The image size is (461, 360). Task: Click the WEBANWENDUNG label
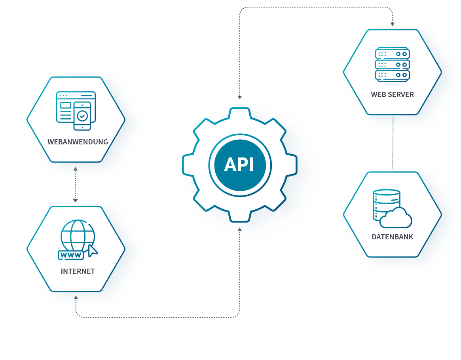point(78,142)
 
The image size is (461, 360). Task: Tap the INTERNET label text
point(78,271)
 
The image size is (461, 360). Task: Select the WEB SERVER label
point(392,95)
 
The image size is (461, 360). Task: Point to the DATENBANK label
point(392,237)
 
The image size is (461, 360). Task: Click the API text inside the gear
point(239,165)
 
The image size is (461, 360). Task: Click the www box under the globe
point(71,255)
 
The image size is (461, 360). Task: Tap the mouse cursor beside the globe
point(93,250)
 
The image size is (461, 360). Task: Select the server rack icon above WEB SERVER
point(392,64)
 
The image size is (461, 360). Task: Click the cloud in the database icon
point(396,218)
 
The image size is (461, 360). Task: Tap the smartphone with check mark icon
point(82,116)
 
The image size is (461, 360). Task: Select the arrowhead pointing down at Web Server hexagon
point(392,24)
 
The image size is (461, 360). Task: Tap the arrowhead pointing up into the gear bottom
point(239,229)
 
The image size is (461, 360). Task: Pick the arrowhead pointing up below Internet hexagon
point(76,297)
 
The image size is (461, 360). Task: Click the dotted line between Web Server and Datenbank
point(393,142)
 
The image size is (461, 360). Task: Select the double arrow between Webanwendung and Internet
point(75,184)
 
